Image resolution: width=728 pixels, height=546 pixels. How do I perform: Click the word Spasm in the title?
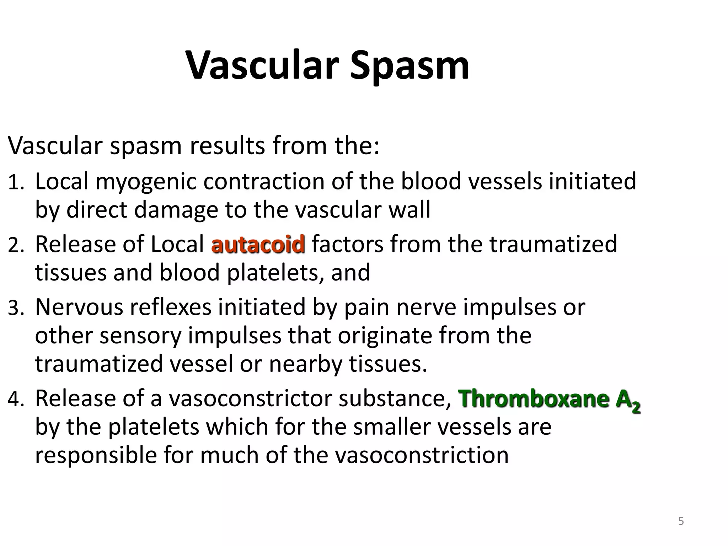(x=409, y=66)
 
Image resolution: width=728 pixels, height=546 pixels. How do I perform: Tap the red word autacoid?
(x=258, y=245)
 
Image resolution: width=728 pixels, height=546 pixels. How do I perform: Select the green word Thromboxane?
(x=533, y=398)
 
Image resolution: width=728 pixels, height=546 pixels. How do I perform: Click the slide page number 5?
(x=681, y=521)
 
